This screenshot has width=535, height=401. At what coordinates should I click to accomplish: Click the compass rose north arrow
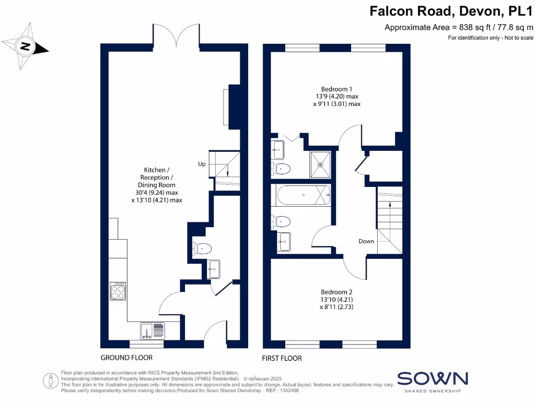25,47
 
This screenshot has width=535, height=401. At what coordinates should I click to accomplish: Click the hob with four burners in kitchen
118,291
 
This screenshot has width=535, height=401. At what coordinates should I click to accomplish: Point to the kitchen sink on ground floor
152,330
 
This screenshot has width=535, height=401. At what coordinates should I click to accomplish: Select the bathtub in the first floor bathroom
304,195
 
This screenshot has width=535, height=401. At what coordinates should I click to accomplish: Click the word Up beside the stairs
202,164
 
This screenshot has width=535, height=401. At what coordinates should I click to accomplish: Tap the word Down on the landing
366,241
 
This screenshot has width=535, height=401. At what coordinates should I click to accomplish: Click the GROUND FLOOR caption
126,358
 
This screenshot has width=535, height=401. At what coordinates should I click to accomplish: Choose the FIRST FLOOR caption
283,358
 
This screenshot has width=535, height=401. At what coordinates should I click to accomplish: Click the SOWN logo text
433,379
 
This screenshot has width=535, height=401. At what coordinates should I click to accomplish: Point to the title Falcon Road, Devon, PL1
451,11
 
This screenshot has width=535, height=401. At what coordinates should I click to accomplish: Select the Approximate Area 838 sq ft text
459,28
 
